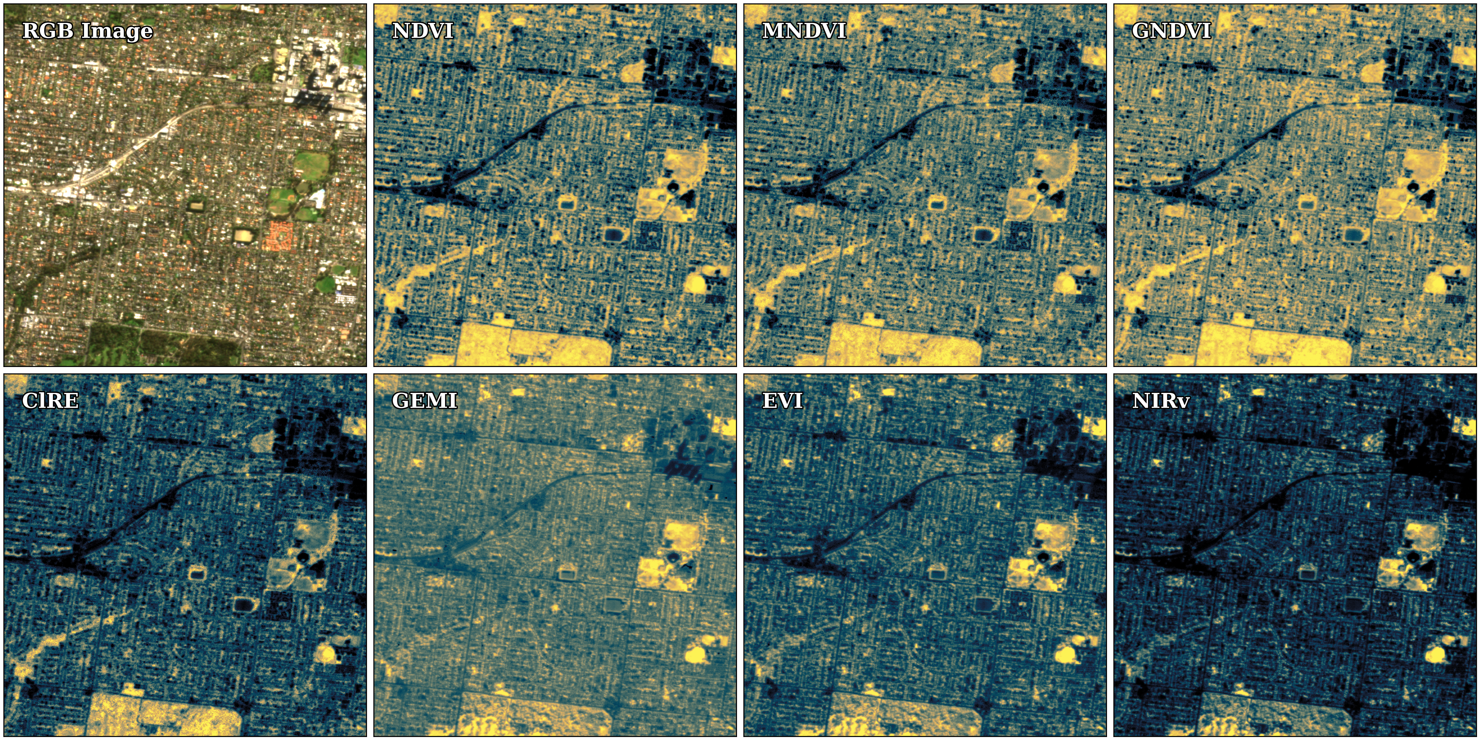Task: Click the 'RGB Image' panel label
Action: point(87,30)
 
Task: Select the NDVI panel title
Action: point(423,30)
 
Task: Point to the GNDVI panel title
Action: point(1171,30)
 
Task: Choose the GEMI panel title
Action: point(425,400)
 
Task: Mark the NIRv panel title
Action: point(1161,400)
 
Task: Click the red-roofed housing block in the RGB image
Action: point(279,236)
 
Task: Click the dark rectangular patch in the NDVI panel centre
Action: point(613,235)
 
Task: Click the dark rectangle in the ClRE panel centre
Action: point(243,605)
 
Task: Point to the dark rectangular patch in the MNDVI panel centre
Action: point(983,235)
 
